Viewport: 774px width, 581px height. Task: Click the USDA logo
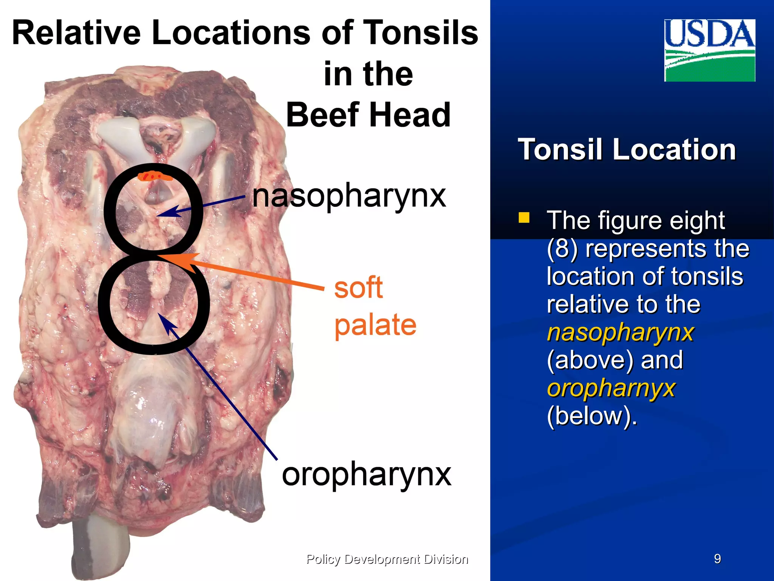(x=709, y=50)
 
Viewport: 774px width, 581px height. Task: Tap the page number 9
(x=717, y=559)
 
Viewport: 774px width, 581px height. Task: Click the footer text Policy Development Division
(x=387, y=559)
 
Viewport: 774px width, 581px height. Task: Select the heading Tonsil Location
(x=627, y=149)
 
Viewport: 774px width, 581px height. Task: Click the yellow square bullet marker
(x=524, y=217)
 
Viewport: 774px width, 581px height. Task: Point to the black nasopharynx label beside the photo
(x=349, y=196)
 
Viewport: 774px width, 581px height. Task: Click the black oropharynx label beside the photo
(x=366, y=474)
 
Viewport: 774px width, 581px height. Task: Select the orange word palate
(x=375, y=325)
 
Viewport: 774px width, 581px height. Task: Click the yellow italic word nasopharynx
(x=620, y=332)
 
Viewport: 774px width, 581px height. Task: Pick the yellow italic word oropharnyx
(x=611, y=388)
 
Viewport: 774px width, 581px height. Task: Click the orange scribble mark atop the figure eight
(x=155, y=176)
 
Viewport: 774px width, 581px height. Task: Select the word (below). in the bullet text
(x=592, y=416)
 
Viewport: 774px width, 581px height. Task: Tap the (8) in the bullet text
(x=562, y=249)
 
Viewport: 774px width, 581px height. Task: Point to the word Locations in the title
(x=231, y=33)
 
